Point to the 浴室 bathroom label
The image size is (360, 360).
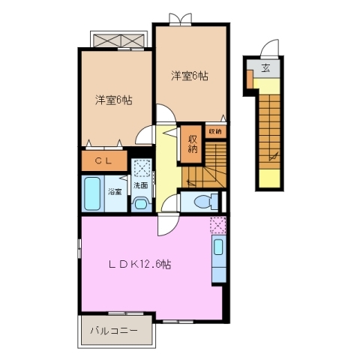pyautogui.click(x=115, y=192)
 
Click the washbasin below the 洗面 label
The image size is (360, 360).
pyautogui.click(x=140, y=202)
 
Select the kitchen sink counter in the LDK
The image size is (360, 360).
pyautogui.click(x=218, y=259)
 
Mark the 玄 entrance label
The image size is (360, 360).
pyautogui.click(x=265, y=69)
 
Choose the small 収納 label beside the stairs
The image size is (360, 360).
pyautogui.click(x=215, y=131)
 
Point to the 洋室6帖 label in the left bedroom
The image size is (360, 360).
pyautogui.click(x=113, y=100)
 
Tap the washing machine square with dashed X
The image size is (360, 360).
pyautogui.click(x=141, y=168)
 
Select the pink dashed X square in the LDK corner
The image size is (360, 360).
pyautogui.click(x=217, y=223)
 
